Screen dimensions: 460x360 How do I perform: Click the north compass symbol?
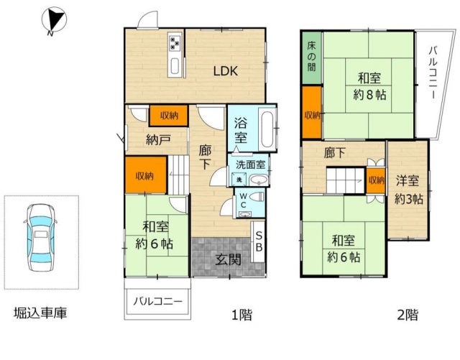click(x=54, y=19)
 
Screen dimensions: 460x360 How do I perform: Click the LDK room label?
click(x=225, y=71)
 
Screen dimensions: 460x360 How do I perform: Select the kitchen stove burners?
click(x=175, y=42)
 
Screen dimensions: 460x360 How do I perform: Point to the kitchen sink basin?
click(x=174, y=67)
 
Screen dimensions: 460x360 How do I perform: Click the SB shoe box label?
click(x=259, y=241)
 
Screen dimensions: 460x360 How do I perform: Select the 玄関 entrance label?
click(x=229, y=259)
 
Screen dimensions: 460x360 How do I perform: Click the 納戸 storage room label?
click(x=158, y=140)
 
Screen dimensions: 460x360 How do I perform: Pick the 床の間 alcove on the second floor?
click(x=312, y=57)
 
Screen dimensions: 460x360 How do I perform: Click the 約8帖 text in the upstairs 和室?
click(x=369, y=95)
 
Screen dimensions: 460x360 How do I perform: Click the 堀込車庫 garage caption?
click(x=40, y=313)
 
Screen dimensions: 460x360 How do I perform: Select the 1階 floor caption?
click(x=241, y=315)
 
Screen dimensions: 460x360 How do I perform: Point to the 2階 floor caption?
click(x=408, y=315)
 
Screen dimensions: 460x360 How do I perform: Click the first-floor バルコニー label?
click(x=158, y=302)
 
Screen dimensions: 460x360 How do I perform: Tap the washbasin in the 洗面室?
click(x=259, y=180)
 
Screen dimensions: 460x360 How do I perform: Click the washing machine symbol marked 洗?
click(x=239, y=180)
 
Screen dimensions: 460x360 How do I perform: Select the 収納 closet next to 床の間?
click(x=312, y=112)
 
